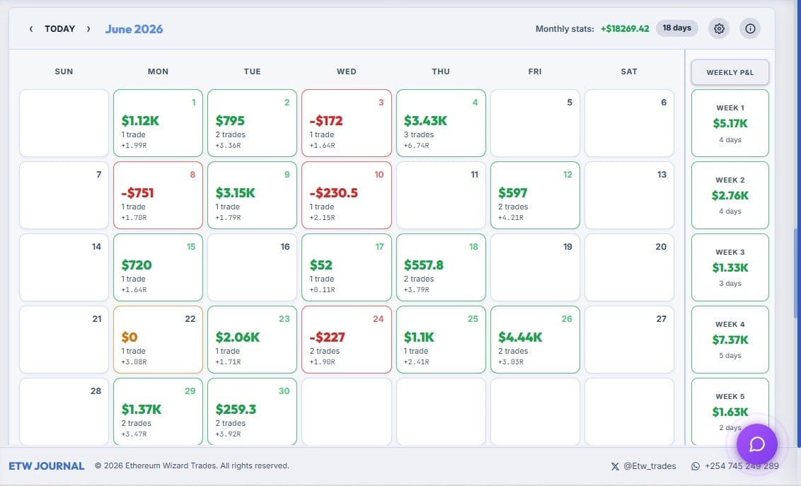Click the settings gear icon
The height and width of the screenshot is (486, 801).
pyautogui.click(x=719, y=28)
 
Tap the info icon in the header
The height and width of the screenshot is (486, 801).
pyautogui.click(x=750, y=28)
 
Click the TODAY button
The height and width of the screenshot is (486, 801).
pyautogui.click(x=59, y=28)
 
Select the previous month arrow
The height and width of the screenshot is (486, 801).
pyautogui.click(x=31, y=28)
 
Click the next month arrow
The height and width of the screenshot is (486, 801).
pyautogui.click(x=88, y=28)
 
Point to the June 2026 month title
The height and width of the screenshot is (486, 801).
pyautogui.click(x=134, y=29)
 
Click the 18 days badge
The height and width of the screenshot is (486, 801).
pyautogui.click(x=677, y=28)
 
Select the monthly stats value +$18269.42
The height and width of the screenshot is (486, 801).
pyautogui.click(x=625, y=28)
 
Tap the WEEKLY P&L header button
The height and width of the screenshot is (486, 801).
pyautogui.click(x=730, y=72)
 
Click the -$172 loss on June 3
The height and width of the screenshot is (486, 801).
pyautogui.click(x=326, y=120)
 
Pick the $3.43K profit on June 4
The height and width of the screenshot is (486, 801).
pyautogui.click(x=425, y=120)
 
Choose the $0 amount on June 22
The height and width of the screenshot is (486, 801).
pyautogui.click(x=129, y=337)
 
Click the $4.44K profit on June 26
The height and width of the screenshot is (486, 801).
pyautogui.click(x=520, y=337)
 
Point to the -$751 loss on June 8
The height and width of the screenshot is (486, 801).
pyautogui.click(x=137, y=193)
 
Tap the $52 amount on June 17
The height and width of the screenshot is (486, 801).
pyautogui.click(x=321, y=265)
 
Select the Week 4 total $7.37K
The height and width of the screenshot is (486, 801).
pyautogui.click(x=730, y=340)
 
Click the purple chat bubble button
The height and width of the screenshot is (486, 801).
pyautogui.click(x=756, y=444)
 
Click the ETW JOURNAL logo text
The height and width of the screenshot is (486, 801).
pyautogui.click(x=47, y=466)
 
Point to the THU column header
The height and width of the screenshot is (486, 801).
pyautogui.click(x=441, y=71)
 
